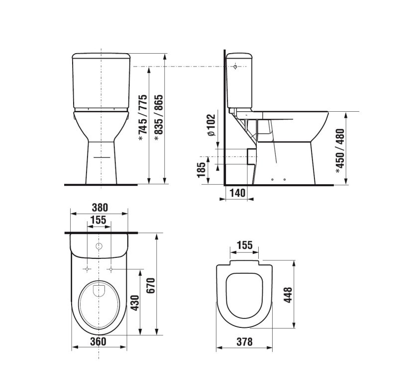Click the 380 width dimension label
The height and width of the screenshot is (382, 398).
100,207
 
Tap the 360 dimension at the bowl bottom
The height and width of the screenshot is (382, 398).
98,341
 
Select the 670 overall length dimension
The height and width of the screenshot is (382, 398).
151,286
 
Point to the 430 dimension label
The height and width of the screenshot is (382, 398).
135,303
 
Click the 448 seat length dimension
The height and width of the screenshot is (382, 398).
288,295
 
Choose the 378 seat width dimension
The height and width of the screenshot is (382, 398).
244,342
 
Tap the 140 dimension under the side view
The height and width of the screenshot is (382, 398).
238,193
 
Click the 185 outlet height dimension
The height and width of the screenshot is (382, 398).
201,170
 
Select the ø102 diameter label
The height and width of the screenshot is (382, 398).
211,126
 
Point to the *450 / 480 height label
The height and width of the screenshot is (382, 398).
340,151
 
